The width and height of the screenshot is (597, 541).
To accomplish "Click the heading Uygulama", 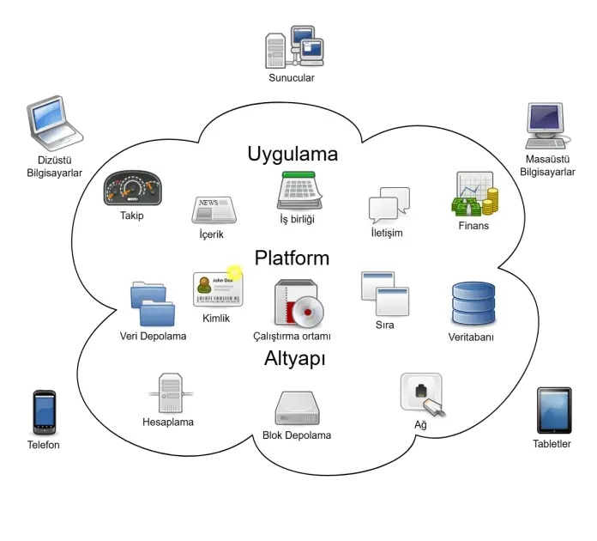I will click(292, 155).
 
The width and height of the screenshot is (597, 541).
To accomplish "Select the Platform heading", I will click(292, 258).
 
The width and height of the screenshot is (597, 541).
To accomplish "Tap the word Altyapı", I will click(294, 359).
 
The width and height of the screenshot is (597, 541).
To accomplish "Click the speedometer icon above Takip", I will click(132, 189).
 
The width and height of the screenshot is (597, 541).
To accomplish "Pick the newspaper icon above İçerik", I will click(214, 210).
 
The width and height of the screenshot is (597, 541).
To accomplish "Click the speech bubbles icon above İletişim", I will click(389, 205).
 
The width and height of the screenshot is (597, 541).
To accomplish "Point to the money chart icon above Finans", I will click(474, 195).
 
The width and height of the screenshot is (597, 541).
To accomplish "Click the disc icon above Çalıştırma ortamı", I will click(298, 305).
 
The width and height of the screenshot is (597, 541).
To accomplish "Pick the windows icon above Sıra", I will click(384, 294).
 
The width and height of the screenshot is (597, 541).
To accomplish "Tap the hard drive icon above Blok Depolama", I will click(297, 408).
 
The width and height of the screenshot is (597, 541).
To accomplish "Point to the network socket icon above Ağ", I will click(423, 393).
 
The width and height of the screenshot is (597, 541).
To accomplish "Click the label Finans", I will click(473, 226).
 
